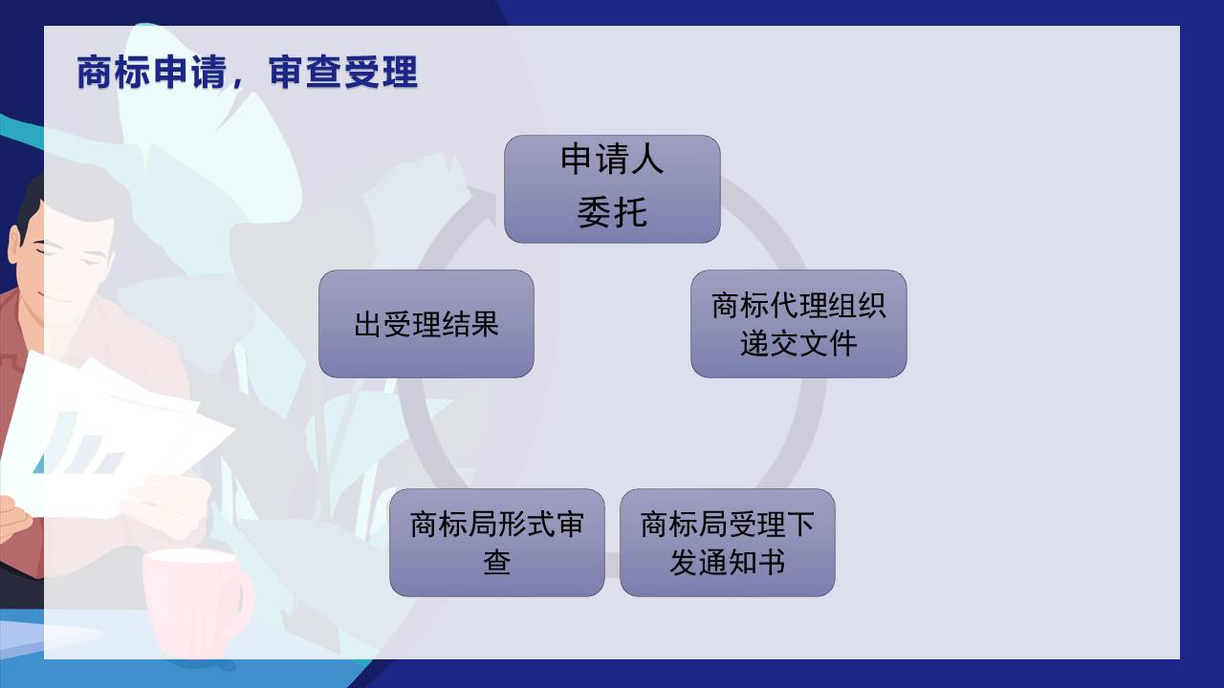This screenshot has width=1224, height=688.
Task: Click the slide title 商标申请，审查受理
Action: coord(247,72)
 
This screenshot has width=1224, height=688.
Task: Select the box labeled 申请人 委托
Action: coord(612,189)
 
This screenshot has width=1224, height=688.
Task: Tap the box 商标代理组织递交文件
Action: coord(798,324)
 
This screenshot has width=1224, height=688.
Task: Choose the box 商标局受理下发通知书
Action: coord(728,543)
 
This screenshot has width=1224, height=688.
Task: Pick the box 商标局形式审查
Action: coord(496,543)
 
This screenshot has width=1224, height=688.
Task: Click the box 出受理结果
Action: coord(426,324)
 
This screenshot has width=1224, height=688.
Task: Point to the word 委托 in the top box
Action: coord(612,212)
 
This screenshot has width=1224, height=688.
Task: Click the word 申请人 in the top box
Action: coord(612,160)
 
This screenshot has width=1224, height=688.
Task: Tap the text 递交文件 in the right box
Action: coord(798,343)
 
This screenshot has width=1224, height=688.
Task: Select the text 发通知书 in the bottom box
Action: coord(728,563)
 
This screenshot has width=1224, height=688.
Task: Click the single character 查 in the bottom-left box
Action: coord(496,563)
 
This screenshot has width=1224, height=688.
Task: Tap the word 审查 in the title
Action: coord(305,72)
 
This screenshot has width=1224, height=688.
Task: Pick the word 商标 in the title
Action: coord(114,72)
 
